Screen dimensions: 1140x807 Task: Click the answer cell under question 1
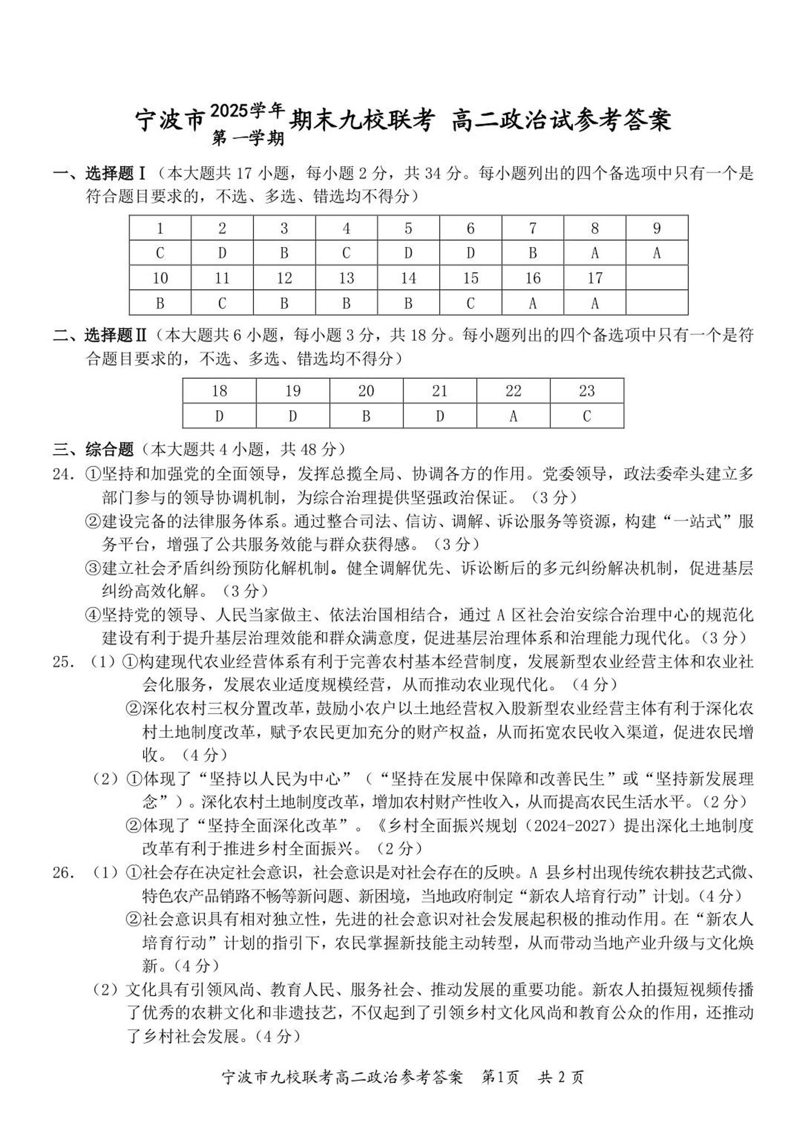[160, 253]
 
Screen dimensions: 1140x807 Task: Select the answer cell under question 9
[657, 253]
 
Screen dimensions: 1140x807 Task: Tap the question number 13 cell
[346, 278]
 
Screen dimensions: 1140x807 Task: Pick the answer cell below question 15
[470, 303]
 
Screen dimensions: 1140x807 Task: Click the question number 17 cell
[594, 278]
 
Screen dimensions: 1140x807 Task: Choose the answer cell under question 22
[513, 416]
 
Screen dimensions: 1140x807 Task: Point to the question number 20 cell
[366, 391]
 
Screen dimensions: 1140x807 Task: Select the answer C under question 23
[587, 416]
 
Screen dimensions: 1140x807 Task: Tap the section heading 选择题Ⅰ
[115, 174]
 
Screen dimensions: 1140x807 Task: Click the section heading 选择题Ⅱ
[115, 335]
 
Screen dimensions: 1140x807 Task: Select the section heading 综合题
[110, 449]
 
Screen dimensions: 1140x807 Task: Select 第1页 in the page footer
[500, 1077]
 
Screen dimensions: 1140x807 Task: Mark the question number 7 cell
[533, 228]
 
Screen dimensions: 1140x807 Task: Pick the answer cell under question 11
[222, 303]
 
